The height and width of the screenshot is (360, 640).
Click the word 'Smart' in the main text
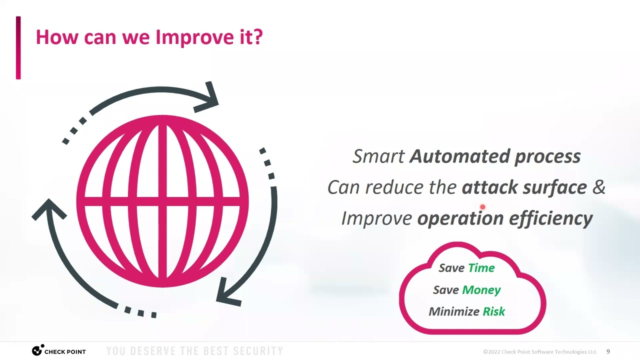click(378, 156)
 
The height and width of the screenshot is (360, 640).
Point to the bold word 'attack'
click(489, 187)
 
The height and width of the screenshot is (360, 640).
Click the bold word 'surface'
click(554, 187)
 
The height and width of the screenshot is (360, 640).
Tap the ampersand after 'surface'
click(598, 187)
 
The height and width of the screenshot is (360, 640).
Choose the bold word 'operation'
click(460, 218)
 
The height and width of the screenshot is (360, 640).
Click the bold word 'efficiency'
click(550, 218)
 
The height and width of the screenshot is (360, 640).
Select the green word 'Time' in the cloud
click(481, 268)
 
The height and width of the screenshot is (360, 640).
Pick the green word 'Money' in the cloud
click(481, 290)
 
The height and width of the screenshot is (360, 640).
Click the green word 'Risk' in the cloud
click(493, 311)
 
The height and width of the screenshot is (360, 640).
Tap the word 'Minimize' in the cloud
click(453, 311)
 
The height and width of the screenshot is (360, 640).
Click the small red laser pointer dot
click(482, 206)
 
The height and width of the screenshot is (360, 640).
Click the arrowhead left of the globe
click(49, 209)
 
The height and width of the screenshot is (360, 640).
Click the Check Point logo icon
click(37, 351)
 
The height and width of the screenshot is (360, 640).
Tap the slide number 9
click(608, 351)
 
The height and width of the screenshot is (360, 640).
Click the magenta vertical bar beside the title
click(18, 47)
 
